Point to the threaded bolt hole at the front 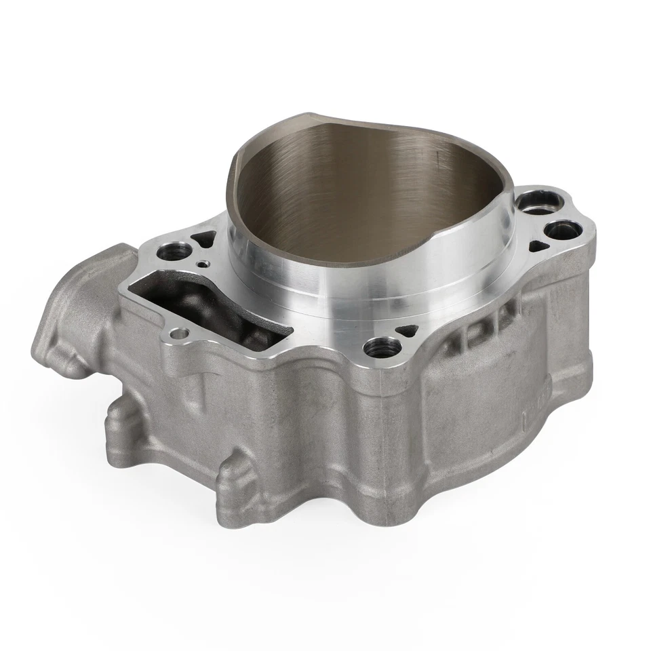point(376,349)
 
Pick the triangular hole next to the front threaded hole point(408,330)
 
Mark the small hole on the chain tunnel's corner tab point(179,333)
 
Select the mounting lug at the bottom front point(237,488)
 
